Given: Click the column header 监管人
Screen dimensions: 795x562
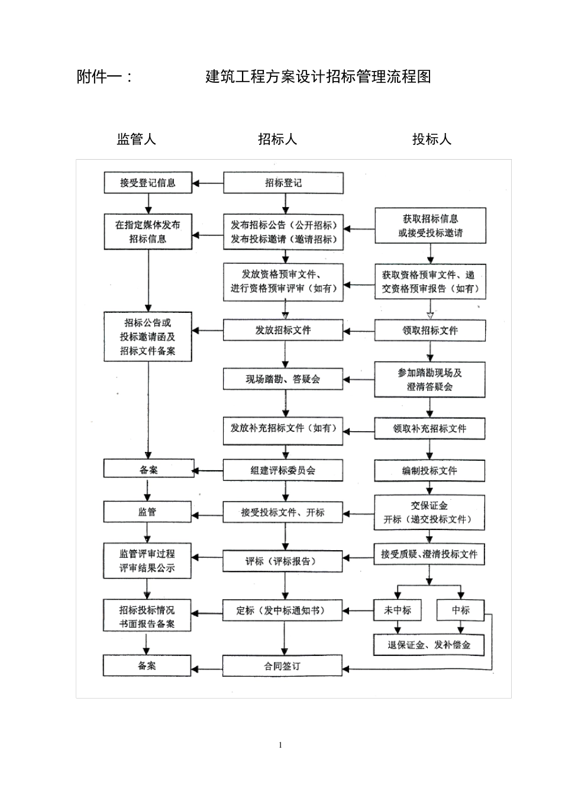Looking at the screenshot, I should click(137, 140).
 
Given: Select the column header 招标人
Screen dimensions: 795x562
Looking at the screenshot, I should click(277, 140).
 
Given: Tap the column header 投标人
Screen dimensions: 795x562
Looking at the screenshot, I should click(432, 140).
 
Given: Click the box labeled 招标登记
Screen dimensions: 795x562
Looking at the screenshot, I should click(283, 183).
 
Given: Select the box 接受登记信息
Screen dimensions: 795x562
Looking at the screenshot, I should click(148, 183).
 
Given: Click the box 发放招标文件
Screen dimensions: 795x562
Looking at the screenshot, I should click(283, 330).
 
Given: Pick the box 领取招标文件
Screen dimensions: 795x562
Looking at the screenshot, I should click(429, 330).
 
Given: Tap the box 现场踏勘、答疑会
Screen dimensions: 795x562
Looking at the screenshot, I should click(283, 379).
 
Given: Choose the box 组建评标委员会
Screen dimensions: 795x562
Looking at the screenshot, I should click(283, 470).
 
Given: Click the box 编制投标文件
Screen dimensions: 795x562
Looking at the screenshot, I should click(429, 471).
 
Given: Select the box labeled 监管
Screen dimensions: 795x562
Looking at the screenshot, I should click(148, 512).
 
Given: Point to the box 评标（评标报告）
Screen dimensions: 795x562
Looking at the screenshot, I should click(283, 561).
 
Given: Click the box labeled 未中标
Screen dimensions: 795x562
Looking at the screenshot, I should click(397, 610).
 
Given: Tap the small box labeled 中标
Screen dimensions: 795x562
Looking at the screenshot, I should click(461, 610).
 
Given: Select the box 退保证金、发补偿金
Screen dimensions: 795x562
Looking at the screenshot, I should click(429, 645).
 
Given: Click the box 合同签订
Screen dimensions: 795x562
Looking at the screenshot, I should click(283, 665).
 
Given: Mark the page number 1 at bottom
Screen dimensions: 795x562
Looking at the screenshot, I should click(280, 745).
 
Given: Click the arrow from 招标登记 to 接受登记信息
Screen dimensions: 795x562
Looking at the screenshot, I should click(208, 183).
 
